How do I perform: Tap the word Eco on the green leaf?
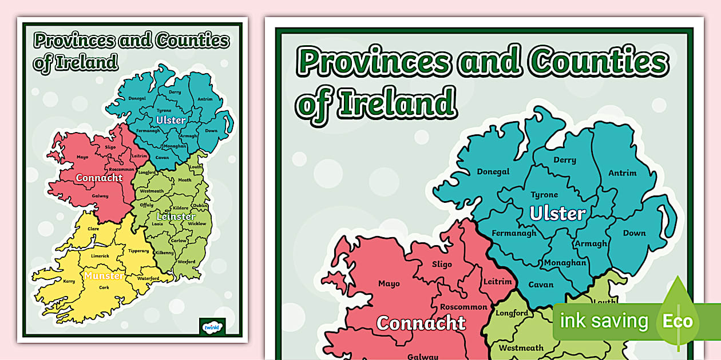coord(678,321)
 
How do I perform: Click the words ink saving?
coord(604,321)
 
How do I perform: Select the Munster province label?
coord(104,276)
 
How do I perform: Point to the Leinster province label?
coord(176,217)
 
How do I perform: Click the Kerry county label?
coord(69,281)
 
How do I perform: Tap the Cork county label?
coord(104,287)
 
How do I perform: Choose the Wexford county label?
coord(186,262)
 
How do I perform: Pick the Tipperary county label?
coord(138,251)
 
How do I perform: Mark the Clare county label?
coord(93,229)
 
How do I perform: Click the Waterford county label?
coord(148,278)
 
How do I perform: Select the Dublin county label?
coord(200,205)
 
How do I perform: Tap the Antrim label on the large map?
coord(622,173)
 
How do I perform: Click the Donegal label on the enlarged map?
coord(493,171)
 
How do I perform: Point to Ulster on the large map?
coord(557,214)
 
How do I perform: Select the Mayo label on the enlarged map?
coord(389,283)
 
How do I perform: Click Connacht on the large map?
coord(421,323)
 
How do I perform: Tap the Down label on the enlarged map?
coord(634,233)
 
